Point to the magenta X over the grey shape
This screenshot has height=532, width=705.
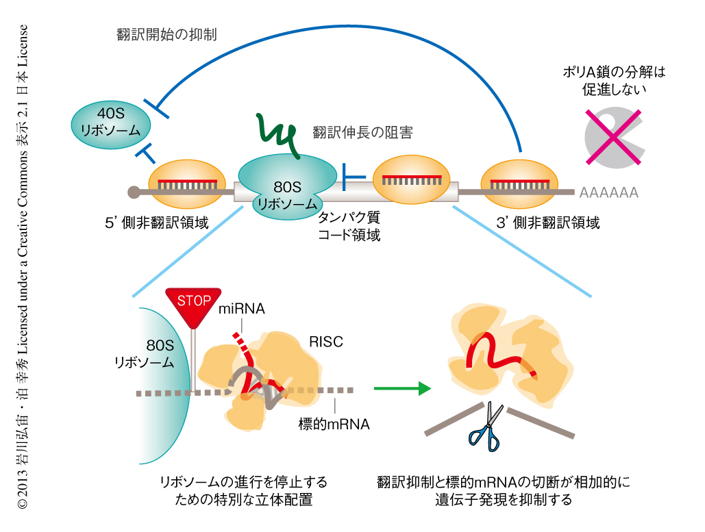[x=614, y=136]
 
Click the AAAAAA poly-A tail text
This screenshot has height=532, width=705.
[x=608, y=193]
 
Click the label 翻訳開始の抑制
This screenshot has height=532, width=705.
[x=167, y=34]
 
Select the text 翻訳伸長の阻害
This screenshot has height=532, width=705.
[x=362, y=133]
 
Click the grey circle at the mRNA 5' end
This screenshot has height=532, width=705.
[x=134, y=191]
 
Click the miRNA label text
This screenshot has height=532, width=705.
[x=241, y=309]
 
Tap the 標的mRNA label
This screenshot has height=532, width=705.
[x=334, y=424]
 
